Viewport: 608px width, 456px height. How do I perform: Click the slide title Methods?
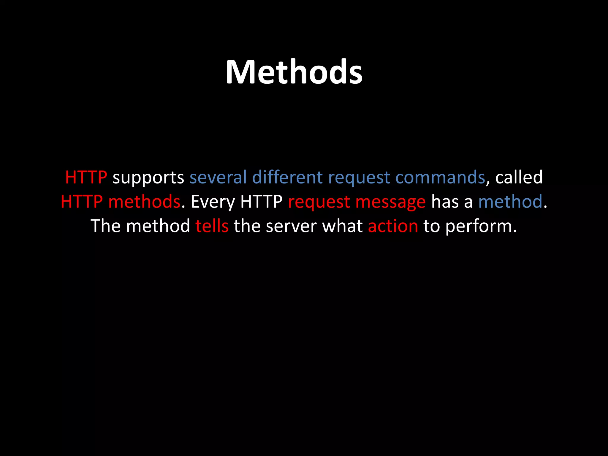point(294,72)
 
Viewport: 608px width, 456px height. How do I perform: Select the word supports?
point(148,178)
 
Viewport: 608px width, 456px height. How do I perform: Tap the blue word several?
point(218,177)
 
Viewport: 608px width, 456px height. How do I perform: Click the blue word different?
point(287,177)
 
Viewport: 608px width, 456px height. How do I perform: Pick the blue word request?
point(359,178)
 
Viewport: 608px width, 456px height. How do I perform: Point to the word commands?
point(440,177)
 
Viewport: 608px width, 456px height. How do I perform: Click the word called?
point(519,177)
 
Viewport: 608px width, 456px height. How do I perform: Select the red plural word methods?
point(144,202)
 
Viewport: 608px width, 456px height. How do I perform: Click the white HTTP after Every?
point(261,202)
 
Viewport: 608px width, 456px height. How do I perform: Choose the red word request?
point(319,202)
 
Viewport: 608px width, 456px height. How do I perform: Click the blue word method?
point(510,202)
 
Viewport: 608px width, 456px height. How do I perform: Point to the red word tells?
point(212,226)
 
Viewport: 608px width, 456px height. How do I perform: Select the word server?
point(291,227)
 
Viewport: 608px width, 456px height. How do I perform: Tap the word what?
point(342,226)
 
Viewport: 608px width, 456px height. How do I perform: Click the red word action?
point(393,226)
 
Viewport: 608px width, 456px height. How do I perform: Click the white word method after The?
point(158,226)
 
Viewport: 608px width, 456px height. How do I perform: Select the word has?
point(444,202)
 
